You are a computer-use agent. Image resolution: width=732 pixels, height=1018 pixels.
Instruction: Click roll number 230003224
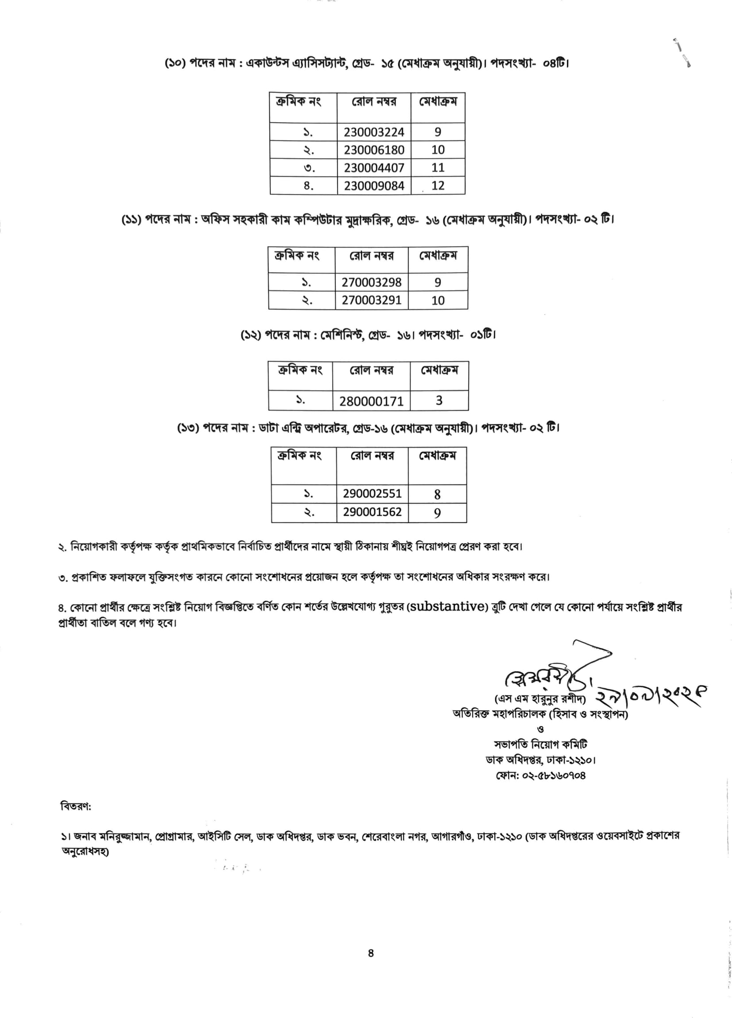click(374, 132)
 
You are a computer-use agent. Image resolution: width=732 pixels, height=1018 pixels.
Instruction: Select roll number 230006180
click(374, 150)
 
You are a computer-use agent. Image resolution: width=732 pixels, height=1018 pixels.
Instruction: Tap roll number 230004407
click(374, 168)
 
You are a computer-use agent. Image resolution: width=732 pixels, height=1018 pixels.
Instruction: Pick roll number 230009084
click(374, 186)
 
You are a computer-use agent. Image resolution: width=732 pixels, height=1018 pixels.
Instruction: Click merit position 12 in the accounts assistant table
click(438, 186)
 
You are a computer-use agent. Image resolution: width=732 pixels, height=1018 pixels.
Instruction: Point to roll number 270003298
click(371, 282)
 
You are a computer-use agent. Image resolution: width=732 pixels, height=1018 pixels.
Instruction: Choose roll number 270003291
click(371, 300)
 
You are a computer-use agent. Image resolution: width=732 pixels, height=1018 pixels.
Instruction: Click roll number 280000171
click(371, 401)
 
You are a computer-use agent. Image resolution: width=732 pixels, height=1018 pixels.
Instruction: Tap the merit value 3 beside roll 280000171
click(439, 401)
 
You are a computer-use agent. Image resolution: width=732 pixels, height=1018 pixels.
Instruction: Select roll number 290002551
click(372, 494)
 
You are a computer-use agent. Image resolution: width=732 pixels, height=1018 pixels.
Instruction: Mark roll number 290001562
click(372, 512)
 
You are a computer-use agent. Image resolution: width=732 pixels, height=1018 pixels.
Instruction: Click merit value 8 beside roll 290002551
click(437, 494)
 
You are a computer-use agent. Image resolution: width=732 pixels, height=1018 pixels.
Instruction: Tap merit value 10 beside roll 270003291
click(438, 300)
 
